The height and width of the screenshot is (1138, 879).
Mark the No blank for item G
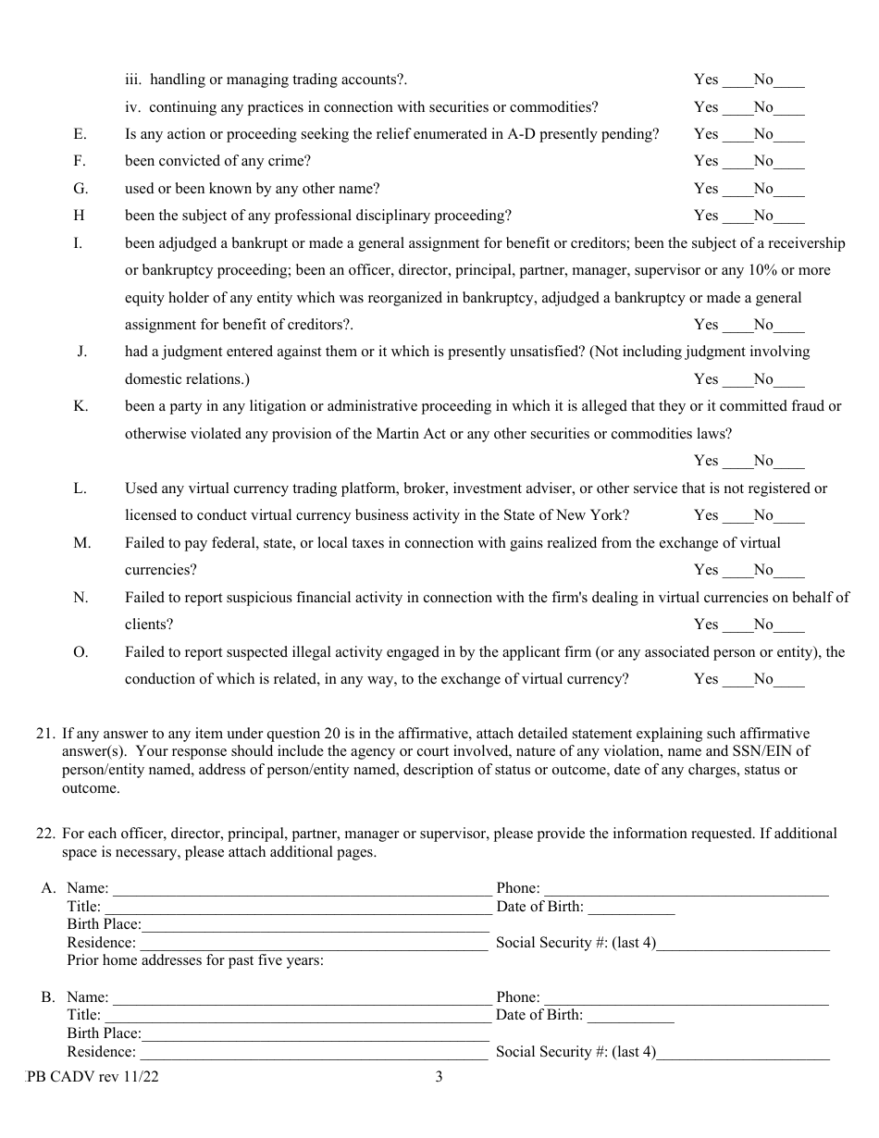[789, 189]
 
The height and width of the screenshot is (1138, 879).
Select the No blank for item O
[789, 680]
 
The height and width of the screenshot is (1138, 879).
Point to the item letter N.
[80, 598]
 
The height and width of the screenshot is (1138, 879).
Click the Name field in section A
[302, 889]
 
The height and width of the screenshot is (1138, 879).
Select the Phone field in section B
[686, 998]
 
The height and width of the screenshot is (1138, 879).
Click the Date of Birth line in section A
[630, 908]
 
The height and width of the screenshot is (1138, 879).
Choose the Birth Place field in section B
[315, 1034]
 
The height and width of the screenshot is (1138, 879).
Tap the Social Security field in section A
[743, 944]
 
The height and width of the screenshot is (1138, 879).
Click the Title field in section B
[296, 1016]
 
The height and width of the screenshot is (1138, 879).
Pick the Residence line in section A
[313, 944]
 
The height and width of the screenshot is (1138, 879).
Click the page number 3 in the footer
[439, 1077]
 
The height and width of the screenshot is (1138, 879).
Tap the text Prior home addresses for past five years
[195, 960]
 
